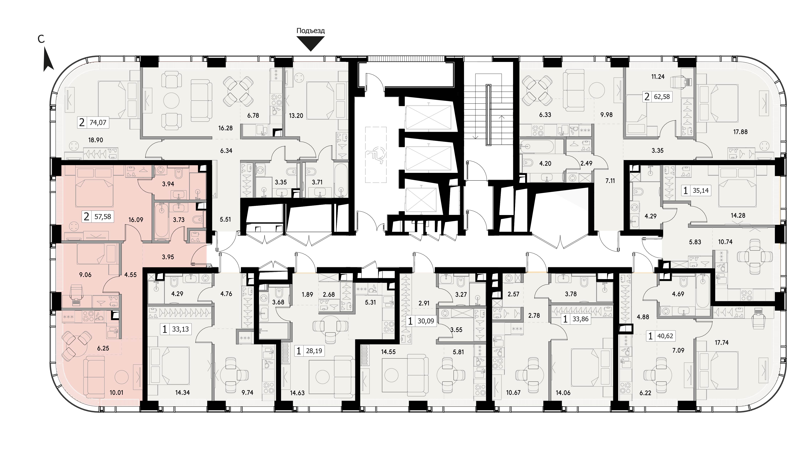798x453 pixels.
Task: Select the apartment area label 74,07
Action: pos(98,123)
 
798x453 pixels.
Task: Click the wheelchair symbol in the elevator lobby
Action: pos(376,154)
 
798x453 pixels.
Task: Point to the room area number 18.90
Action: pos(96,140)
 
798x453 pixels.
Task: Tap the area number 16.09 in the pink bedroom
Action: pos(136,220)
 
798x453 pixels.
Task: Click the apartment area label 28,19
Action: pos(314,351)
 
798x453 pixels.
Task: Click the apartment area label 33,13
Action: pos(180,329)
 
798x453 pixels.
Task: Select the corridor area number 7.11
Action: pos(610,180)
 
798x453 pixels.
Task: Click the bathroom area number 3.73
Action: pos(179,220)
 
